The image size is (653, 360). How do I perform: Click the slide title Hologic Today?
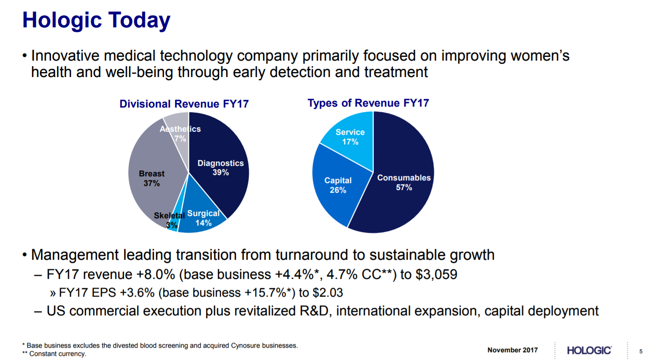coord(96,21)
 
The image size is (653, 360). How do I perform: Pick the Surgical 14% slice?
coord(203,219)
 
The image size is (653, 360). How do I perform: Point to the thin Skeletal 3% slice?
coord(173,225)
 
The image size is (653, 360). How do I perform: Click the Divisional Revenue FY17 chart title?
coord(184,104)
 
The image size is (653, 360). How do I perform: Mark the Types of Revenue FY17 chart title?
coord(368,103)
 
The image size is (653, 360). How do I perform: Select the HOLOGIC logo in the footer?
coord(589,350)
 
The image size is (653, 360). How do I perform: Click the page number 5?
coord(641,351)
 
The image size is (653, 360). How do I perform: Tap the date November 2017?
coord(512,350)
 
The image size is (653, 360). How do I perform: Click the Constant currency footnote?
coord(54,354)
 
